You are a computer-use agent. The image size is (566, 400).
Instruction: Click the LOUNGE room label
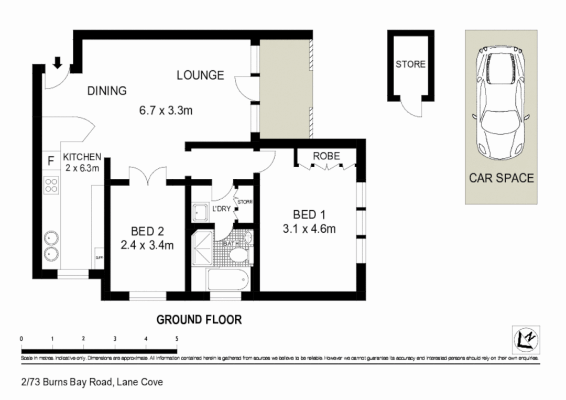click(200, 75)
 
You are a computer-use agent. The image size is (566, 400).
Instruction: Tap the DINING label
click(107, 91)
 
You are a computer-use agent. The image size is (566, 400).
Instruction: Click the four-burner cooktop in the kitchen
click(51, 185)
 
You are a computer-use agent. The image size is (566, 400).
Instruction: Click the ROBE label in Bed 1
click(326, 156)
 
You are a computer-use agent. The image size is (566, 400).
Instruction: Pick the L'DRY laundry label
click(222, 209)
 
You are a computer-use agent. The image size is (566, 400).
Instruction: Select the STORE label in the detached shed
click(410, 64)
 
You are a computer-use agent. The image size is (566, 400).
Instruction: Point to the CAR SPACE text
click(501, 178)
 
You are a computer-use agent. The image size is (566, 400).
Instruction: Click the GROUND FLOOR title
click(200, 319)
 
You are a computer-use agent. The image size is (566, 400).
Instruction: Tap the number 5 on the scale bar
click(177, 339)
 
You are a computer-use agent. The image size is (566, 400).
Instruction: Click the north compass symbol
click(524, 338)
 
